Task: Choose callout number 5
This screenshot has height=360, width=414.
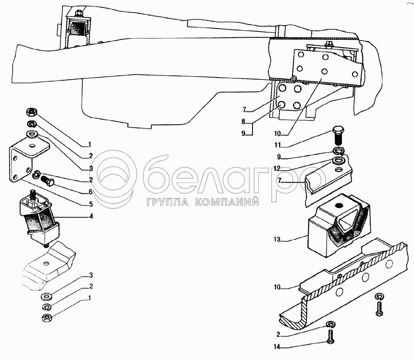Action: [x=91, y=204]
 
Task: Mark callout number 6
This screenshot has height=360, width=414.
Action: [x=91, y=192]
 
